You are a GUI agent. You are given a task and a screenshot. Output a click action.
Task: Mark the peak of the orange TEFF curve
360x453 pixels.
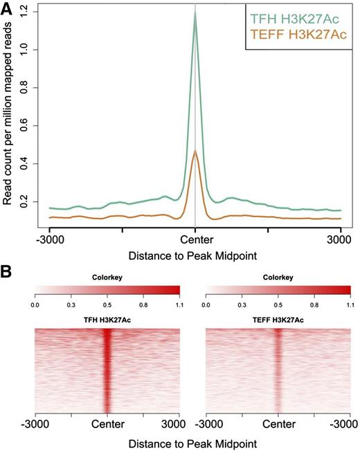[195, 151]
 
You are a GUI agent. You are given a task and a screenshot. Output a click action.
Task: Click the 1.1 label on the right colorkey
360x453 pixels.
[350, 302]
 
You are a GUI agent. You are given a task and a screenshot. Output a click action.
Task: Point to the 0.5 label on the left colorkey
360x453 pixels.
[107, 302]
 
